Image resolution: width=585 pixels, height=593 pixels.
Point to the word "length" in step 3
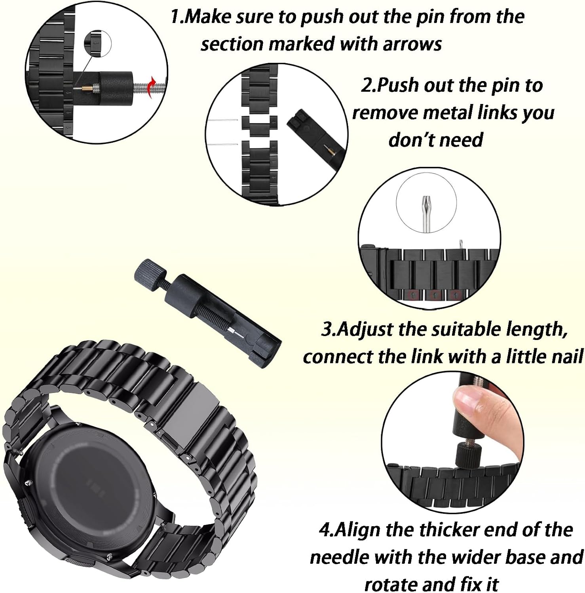click(537, 330)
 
